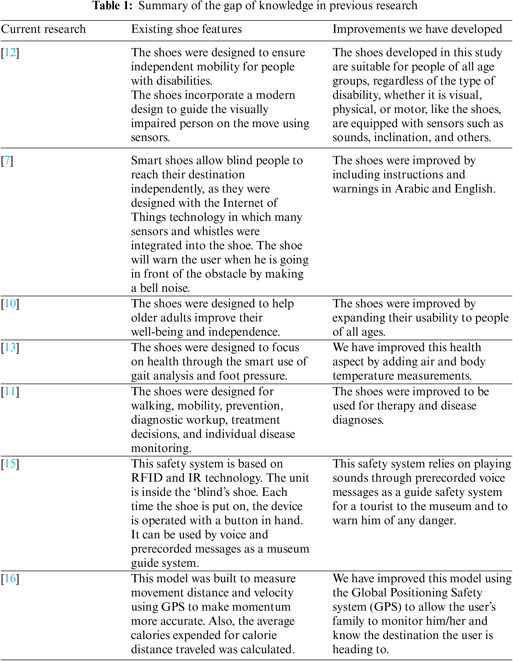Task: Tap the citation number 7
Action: coord(7,160)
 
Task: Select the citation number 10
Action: coord(10,304)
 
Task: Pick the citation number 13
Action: coord(10,347)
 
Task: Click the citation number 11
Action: coord(10,392)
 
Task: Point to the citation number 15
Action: coord(10,464)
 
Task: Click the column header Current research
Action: coord(43,29)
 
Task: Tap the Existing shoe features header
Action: coord(186,29)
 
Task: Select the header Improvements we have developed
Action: coord(417,29)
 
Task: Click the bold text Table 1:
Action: coord(113,6)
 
